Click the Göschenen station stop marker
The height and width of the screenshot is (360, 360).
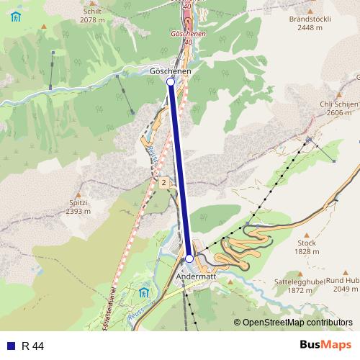tap(171, 82)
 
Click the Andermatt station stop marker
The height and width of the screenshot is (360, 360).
tap(189, 258)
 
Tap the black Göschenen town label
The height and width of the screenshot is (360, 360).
tap(171, 72)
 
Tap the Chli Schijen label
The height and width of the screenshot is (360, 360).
tap(339, 104)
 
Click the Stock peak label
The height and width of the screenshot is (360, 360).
tap(307, 243)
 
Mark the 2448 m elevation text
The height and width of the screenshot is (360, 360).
tap(308, 27)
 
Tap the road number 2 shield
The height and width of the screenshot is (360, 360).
tap(163, 183)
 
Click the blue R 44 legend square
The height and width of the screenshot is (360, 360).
tap(10, 346)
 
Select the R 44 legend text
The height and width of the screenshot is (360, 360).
tap(33, 346)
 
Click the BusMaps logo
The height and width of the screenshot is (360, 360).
tap(325, 346)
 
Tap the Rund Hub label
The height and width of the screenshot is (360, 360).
tap(342, 282)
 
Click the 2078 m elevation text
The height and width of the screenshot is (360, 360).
tap(92, 20)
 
